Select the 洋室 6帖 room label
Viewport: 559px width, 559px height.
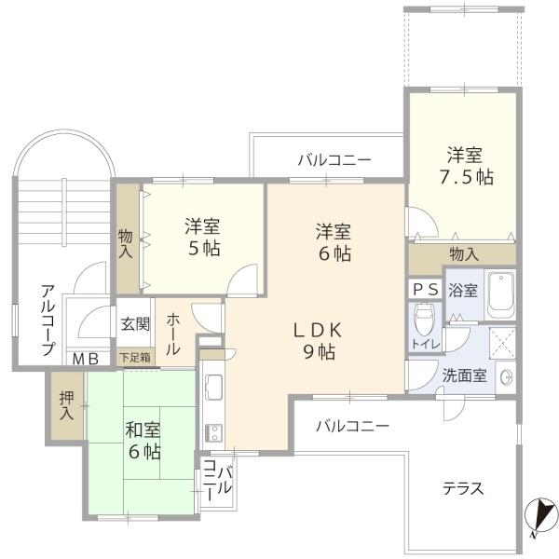point(333,241)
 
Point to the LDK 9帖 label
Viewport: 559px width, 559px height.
point(320,340)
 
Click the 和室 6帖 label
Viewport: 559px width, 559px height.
point(143,441)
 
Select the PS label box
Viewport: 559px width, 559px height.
point(425,289)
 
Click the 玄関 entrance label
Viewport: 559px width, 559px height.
point(134,324)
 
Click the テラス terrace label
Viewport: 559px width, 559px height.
point(463,488)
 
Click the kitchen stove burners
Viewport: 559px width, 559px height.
point(211,431)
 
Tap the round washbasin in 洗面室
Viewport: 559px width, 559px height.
point(506,377)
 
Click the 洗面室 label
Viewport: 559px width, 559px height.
point(464,377)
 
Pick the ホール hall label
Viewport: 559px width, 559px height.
point(174,334)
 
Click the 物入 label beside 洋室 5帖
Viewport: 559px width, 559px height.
point(126,244)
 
